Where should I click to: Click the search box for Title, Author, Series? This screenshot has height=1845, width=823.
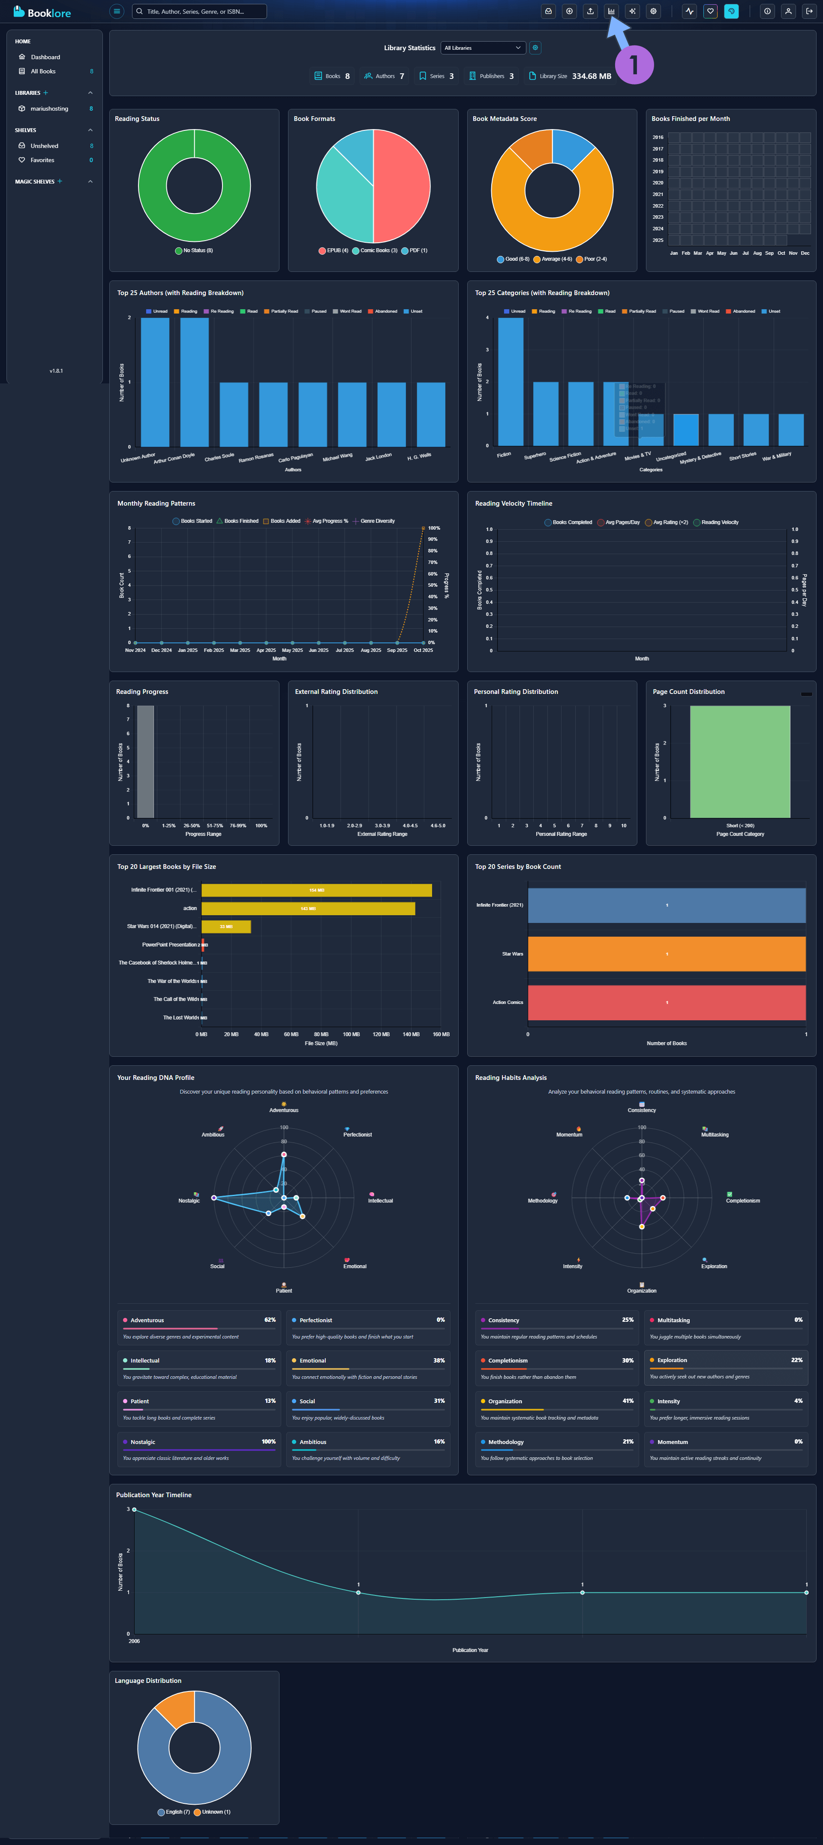(200, 12)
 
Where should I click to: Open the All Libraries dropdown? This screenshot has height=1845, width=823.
(483, 48)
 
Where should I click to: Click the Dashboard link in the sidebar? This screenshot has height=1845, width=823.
(45, 57)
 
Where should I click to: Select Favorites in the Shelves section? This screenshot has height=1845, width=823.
(42, 160)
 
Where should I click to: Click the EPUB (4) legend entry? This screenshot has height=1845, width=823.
(333, 251)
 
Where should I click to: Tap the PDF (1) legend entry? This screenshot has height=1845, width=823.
(415, 251)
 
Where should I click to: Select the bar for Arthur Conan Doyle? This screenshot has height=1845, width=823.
(195, 382)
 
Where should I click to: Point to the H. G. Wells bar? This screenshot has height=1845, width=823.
(431, 414)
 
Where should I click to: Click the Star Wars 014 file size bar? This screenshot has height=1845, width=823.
(226, 927)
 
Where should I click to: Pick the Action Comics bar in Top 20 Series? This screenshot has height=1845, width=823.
(666, 1003)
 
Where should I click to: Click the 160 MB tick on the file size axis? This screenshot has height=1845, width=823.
(441, 1034)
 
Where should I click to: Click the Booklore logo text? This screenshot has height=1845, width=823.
(49, 13)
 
